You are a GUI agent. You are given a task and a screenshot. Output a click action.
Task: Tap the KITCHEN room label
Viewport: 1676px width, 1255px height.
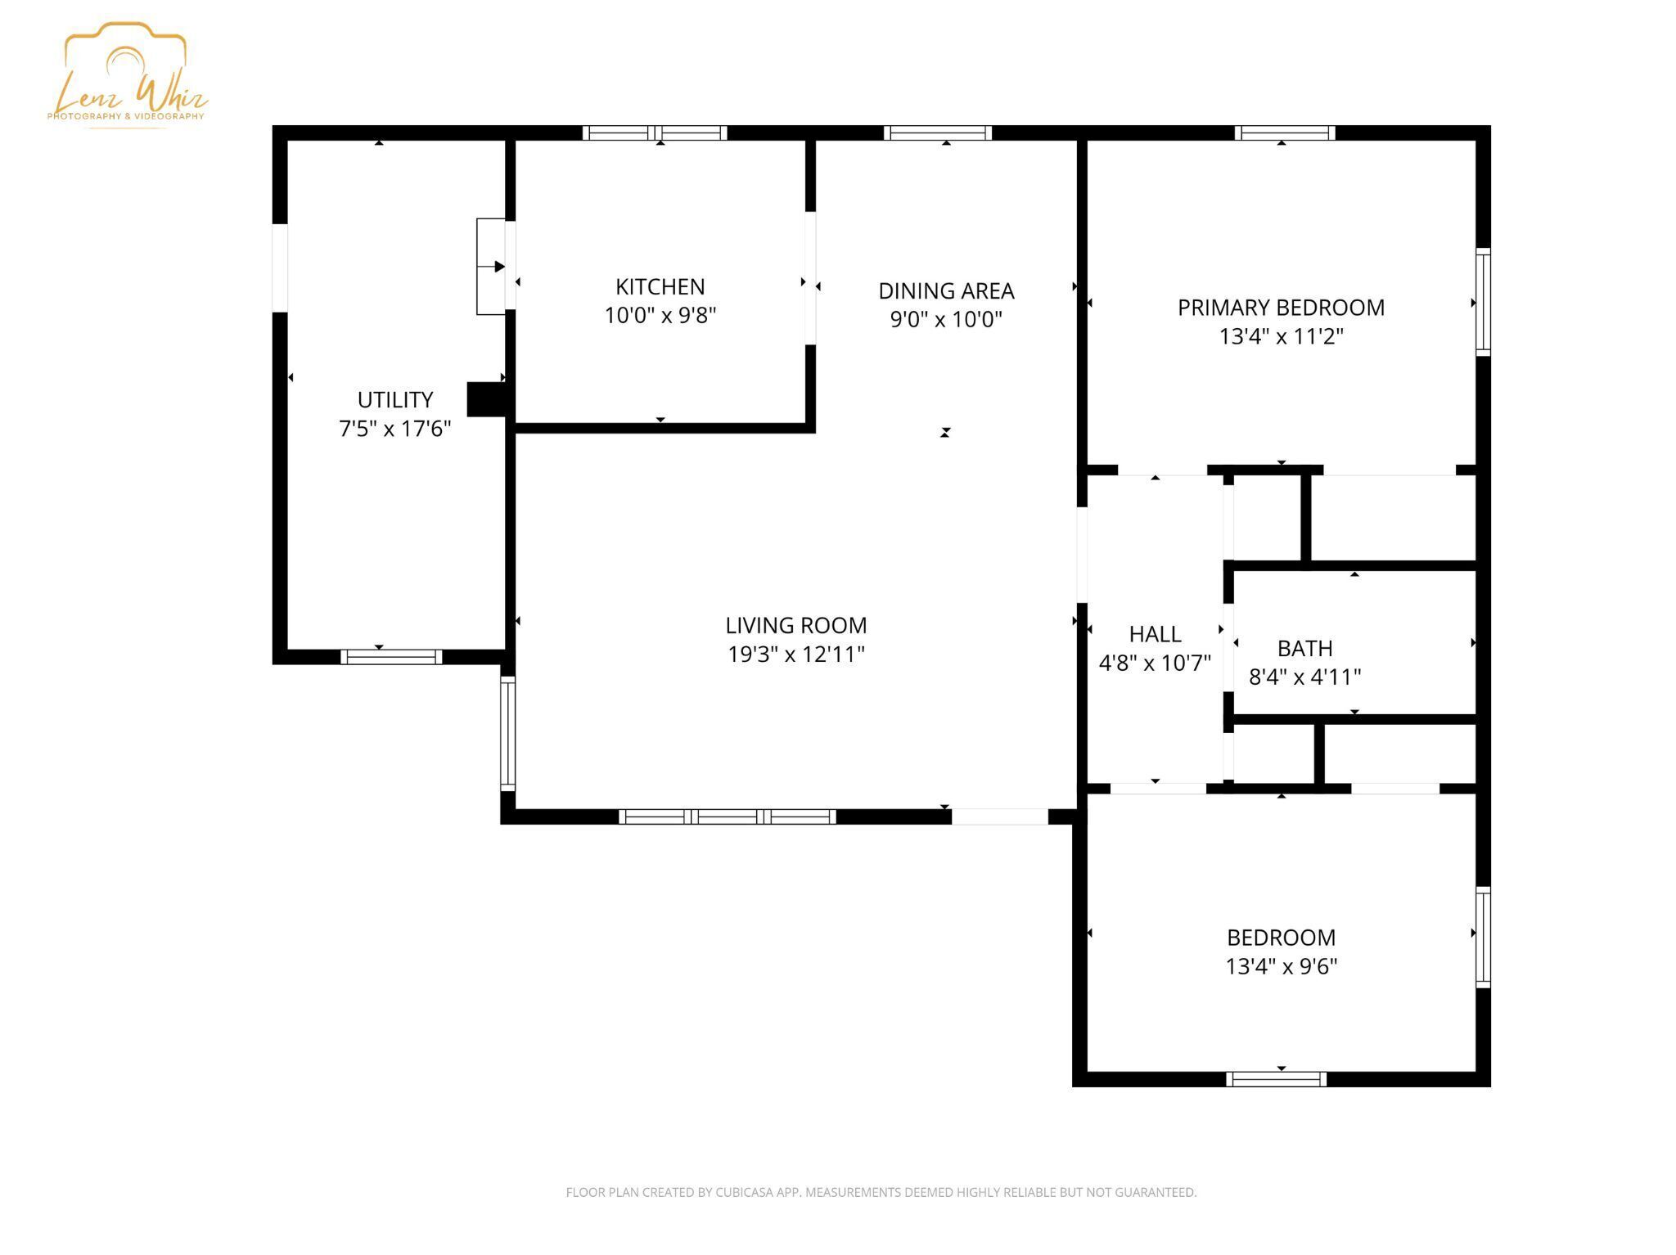pos(660,287)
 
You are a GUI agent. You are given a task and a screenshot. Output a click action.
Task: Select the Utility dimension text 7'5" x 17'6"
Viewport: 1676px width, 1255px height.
pos(394,428)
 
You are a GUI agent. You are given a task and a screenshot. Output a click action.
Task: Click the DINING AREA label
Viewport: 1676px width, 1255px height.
pos(945,291)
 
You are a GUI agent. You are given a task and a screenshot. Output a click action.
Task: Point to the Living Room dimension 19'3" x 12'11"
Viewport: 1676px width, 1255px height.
pos(795,654)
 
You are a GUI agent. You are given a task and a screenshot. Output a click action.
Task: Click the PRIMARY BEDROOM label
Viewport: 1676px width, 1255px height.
pos(1281,308)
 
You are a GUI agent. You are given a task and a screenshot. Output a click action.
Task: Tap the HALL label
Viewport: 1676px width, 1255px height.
pos(1155,634)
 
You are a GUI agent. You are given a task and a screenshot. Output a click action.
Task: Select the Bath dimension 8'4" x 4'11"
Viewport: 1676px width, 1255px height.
pos(1304,677)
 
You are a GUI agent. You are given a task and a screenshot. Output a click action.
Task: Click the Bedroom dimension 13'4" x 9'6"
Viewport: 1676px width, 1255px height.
pos(1281,966)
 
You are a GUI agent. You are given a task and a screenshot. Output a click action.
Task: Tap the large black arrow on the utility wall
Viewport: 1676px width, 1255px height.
pos(499,267)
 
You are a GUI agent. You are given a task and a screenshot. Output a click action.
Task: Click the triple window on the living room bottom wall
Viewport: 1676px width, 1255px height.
pos(727,816)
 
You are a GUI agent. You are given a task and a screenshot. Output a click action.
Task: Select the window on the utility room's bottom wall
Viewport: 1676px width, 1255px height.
pos(391,656)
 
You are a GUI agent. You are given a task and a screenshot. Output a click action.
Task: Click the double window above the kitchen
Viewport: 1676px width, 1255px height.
pos(655,133)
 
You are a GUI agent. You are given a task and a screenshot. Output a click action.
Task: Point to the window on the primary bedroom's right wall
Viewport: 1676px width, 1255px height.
pos(1483,302)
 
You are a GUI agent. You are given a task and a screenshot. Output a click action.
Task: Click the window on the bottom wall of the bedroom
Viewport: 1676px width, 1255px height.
pos(1276,1079)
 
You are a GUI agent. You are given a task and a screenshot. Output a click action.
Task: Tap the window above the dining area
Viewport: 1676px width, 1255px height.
pos(938,133)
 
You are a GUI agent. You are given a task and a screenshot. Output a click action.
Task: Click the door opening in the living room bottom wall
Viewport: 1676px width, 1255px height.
pos(999,816)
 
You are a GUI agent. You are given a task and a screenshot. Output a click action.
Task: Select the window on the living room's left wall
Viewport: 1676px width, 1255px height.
pos(507,733)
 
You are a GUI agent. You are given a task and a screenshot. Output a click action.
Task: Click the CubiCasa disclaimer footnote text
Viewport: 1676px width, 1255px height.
pos(881,1192)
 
